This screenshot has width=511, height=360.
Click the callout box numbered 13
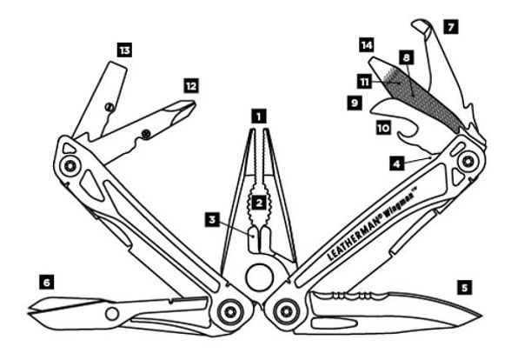[124, 50]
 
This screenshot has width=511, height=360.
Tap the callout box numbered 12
[191, 86]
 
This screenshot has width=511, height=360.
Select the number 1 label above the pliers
[259, 117]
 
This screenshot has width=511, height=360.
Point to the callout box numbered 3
[212, 219]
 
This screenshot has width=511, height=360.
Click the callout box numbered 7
[451, 27]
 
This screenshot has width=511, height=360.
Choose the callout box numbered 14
[367, 45]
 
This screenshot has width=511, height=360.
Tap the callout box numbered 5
[464, 287]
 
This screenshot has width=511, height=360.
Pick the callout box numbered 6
[47, 282]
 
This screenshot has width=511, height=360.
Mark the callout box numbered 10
[383, 128]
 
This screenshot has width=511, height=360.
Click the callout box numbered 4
[396, 163]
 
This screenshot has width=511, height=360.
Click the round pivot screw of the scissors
[112, 314]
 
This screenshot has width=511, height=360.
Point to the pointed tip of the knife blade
[481, 316]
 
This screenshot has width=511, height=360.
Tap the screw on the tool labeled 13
[109, 106]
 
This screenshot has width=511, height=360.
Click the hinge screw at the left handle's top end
[70, 165]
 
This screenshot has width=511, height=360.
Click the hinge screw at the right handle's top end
[468, 161]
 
